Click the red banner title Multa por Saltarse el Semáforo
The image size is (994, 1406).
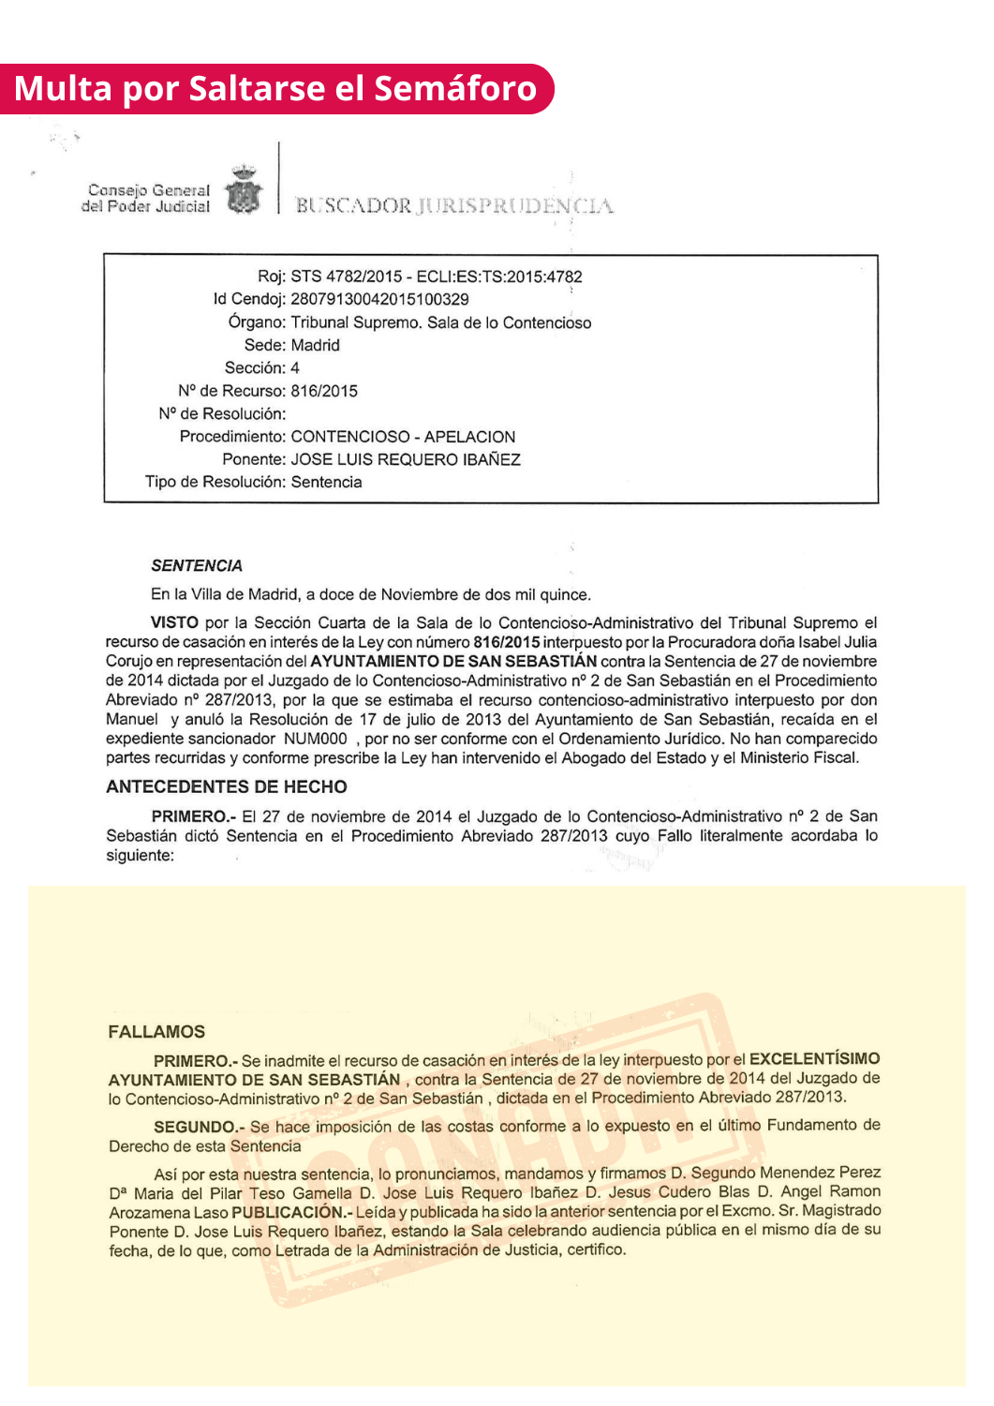[x=275, y=89]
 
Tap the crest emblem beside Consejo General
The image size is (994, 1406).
[x=244, y=191]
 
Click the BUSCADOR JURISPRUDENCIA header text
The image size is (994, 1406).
[x=454, y=205]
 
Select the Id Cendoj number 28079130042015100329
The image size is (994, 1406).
[x=379, y=299]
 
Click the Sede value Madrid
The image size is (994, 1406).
[x=315, y=345]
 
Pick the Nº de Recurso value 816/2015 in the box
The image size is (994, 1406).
[x=324, y=391]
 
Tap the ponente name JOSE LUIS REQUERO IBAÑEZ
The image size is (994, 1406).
[x=406, y=459]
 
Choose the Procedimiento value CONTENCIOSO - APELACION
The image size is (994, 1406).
[x=403, y=437]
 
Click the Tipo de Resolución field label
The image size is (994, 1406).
[x=215, y=482]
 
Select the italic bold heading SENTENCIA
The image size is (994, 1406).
[x=197, y=566]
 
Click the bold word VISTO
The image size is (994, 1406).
[x=174, y=622]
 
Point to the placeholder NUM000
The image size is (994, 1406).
[x=316, y=739]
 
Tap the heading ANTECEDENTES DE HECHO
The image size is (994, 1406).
[x=227, y=786]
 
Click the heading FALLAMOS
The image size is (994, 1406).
[x=156, y=1032]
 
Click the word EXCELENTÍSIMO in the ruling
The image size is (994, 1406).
[x=814, y=1058]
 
